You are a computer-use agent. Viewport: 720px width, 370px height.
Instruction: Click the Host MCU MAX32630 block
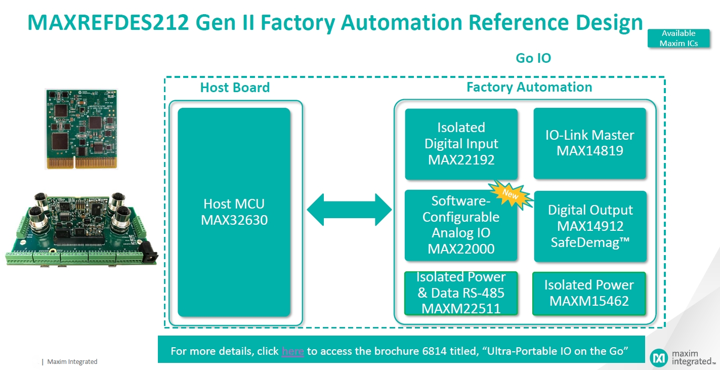(234, 212)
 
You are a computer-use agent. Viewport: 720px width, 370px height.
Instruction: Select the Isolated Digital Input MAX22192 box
(461, 144)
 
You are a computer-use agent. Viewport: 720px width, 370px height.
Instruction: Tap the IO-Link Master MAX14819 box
(589, 143)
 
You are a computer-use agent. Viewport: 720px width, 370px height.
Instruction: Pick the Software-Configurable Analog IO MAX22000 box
(461, 225)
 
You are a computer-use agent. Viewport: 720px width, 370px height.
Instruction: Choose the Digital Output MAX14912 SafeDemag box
(590, 226)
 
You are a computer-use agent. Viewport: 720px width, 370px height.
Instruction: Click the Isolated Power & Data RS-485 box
(461, 293)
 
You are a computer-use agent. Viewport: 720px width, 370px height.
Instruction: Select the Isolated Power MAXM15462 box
(589, 293)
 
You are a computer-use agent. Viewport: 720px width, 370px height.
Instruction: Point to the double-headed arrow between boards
(350, 209)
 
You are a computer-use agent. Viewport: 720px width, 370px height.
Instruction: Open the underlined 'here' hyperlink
(292, 351)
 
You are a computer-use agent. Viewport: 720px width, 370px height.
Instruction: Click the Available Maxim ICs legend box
(679, 38)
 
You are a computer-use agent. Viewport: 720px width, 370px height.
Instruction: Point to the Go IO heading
(533, 58)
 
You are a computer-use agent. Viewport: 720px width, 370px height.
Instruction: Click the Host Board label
(235, 88)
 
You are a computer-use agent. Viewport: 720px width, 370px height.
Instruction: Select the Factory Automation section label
(529, 87)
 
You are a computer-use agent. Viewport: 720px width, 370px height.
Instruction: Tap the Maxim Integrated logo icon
(658, 357)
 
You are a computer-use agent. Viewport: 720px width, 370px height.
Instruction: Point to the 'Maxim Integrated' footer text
(72, 362)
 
